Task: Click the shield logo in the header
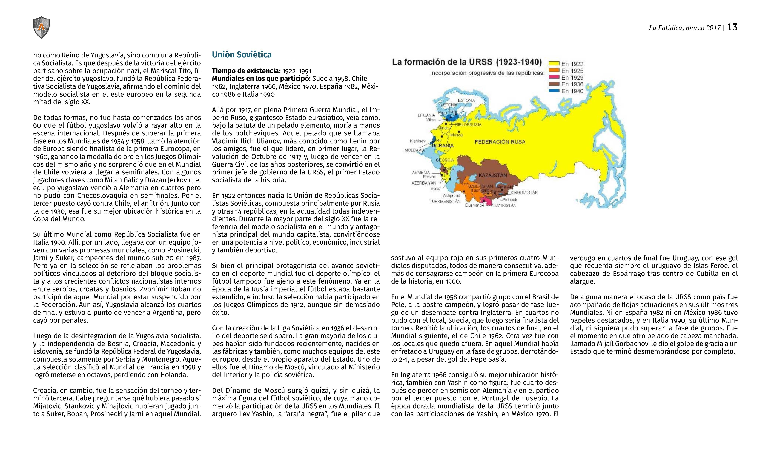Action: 41,27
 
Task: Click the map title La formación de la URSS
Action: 467,62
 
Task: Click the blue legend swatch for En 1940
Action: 554,91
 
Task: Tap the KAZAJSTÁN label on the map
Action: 493,175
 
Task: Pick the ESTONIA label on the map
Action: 466,100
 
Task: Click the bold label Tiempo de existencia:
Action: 246,71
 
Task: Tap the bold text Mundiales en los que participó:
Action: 261,79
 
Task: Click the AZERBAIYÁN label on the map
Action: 424,183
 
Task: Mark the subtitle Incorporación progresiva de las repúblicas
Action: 487,74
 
